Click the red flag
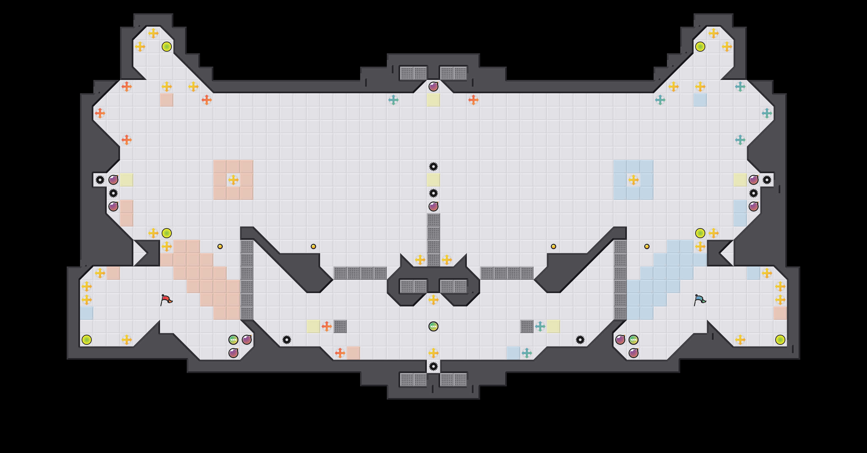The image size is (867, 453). (x=166, y=300)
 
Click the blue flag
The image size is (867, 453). (x=699, y=300)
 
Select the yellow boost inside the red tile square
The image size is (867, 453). (x=233, y=180)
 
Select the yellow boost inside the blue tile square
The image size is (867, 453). (x=633, y=180)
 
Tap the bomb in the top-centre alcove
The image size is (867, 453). (x=433, y=87)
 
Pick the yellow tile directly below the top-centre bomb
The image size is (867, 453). (x=433, y=100)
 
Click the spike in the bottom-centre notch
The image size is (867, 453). (x=433, y=366)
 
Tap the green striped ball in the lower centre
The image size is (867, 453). (x=433, y=326)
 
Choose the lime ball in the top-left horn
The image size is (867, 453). (x=167, y=46)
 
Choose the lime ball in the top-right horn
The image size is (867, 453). (x=700, y=46)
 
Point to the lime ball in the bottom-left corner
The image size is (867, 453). (x=86, y=340)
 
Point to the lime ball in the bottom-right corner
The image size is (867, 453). (x=780, y=340)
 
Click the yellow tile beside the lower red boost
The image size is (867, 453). (x=313, y=326)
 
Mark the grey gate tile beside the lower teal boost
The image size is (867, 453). (x=527, y=326)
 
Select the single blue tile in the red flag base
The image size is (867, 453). (x=86, y=313)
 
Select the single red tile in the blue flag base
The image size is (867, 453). (x=780, y=313)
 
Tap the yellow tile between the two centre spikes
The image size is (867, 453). (x=433, y=180)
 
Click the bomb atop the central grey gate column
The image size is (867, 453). (x=433, y=207)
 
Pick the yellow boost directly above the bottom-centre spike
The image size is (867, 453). (x=433, y=353)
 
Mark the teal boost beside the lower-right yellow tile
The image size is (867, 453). (x=540, y=326)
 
